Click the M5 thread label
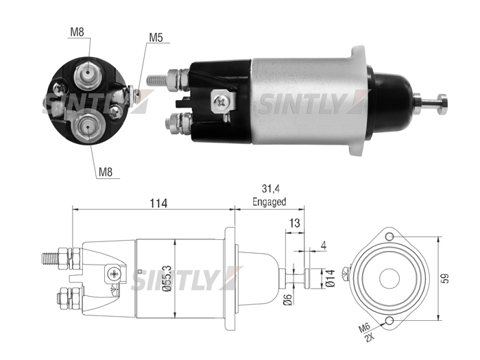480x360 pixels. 156,37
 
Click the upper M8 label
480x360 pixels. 77,32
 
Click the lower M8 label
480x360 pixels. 106,172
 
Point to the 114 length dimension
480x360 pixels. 158,203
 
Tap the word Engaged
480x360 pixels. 269,202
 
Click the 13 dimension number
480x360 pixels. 294,223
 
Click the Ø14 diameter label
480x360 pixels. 331,278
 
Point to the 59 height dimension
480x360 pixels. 446,278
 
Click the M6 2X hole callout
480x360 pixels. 367,332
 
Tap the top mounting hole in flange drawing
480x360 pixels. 389,237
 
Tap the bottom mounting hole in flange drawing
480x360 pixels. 389,321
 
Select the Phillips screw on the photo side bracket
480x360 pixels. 221,101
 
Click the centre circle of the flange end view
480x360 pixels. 389,278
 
